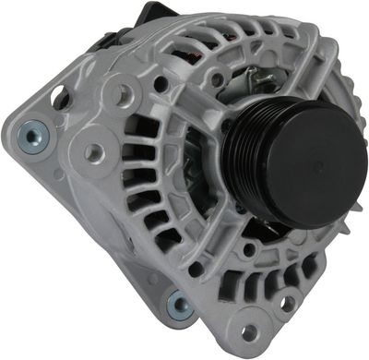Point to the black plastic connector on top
[x=152, y=15]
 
